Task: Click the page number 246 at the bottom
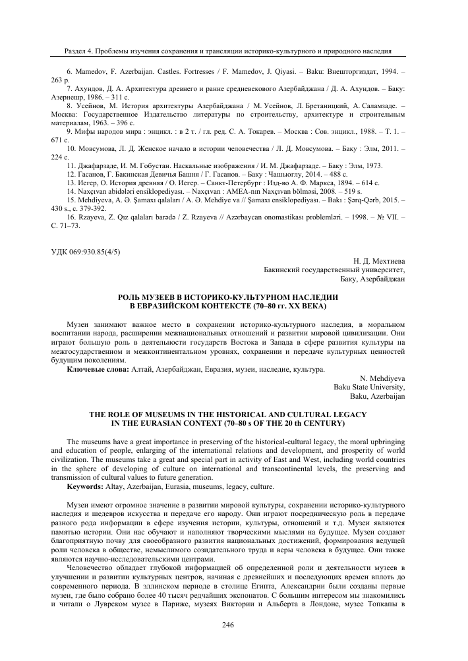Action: tap(234, 625)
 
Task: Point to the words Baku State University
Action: tap(370, 388)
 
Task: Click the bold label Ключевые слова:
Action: tap(99, 371)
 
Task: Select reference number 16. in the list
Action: tap(73, 216)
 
